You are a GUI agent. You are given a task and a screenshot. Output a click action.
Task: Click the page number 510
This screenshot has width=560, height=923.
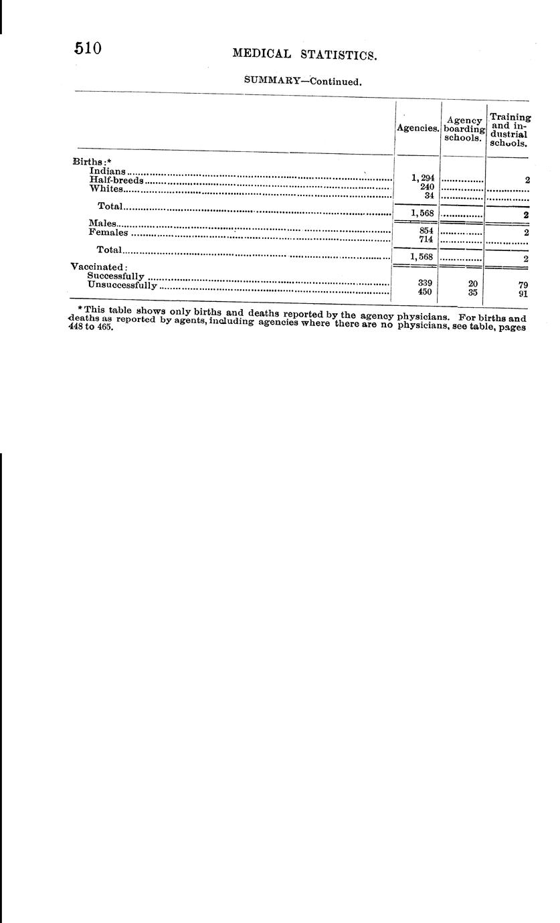[88, 48]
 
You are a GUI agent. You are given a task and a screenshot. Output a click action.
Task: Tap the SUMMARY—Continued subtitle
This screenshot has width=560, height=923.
[302, 82]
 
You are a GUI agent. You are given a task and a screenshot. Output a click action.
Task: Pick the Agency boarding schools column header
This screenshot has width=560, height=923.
[464, 129]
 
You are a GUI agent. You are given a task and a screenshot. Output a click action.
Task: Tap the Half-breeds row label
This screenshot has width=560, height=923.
[116, 180]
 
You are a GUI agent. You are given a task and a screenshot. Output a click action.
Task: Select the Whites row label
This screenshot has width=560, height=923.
[106, 189]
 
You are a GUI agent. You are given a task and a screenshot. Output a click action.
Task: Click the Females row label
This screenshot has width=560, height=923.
[108, 232]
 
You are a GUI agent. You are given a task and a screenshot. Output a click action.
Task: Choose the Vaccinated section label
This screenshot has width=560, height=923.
[99, 266]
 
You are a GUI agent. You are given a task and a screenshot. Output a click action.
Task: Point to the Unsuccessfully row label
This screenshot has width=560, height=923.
[122, 285]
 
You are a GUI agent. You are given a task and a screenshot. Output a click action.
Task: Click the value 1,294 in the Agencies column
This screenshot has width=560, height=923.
[424, 178]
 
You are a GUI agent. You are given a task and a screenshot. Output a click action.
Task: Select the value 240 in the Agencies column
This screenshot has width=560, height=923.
[427, 187]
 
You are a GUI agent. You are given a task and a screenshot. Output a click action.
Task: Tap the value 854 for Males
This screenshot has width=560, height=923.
[426, 230]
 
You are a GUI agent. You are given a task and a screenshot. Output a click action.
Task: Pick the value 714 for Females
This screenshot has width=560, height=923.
[426, 239]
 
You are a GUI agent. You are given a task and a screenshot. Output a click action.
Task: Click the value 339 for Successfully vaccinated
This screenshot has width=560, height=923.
[425, 283]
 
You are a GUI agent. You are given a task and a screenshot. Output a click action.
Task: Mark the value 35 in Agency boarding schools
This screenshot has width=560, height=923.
[473, 292]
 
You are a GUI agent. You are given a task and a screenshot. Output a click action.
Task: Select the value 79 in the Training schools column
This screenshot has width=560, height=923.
[523, 284]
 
